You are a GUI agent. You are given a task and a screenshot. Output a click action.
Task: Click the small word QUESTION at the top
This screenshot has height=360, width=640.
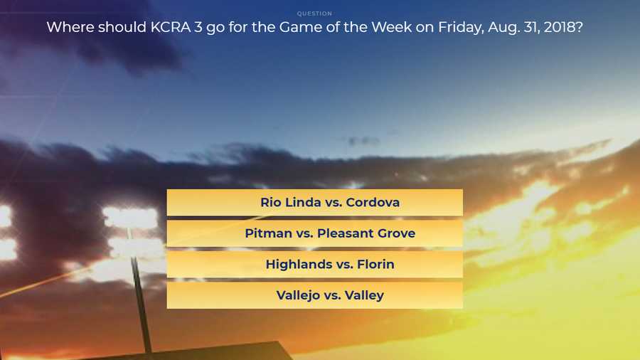tap(314, 14)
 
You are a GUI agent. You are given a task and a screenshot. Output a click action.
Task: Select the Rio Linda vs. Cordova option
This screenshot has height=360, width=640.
tap(315, 203)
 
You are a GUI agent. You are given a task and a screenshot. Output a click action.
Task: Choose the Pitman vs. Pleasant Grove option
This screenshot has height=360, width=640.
tap(315, 233)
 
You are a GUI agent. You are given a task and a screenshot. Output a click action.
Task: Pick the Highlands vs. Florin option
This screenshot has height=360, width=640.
tap(315, 265)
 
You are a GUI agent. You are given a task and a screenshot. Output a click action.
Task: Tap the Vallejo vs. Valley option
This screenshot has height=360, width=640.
tap(315, 295)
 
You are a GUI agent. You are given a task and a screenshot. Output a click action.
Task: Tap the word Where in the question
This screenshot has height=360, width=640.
tap(70, 27)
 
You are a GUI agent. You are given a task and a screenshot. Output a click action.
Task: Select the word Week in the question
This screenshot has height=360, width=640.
tap(392, 27)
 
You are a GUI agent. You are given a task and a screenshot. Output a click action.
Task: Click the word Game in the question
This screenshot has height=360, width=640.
tap(298, 27)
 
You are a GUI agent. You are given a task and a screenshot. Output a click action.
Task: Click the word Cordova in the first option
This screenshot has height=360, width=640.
tap(373, 203)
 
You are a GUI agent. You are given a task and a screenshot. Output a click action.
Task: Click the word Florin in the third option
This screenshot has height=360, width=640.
tap(375, 265)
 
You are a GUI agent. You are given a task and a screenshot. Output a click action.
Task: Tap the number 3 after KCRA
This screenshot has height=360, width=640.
tap(198, 27)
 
